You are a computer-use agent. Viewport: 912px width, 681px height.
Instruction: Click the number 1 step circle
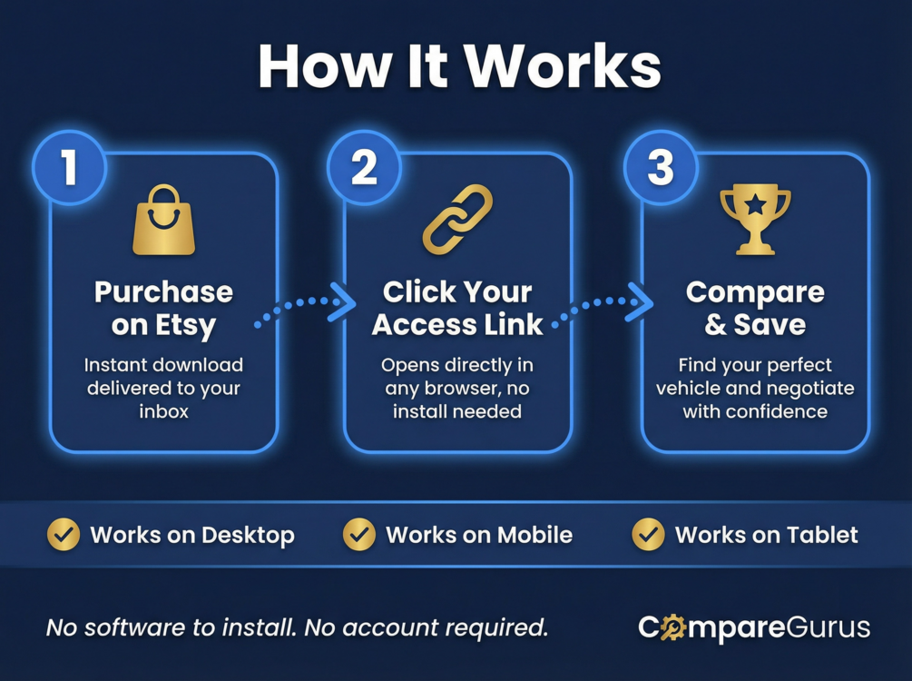coord(69,168)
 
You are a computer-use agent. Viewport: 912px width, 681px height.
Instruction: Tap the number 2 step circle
coord(364,168)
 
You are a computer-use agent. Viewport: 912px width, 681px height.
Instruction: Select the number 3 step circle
coord(661,168)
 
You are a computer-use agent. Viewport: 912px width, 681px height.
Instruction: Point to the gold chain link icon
coord(457,219)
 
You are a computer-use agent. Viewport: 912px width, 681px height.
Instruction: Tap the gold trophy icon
coord(755,219)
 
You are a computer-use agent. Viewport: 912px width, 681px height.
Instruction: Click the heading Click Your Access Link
coord(457,308)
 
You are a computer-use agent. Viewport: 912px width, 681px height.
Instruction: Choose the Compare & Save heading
coord(755,308)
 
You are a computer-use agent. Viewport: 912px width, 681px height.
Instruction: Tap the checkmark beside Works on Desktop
coord(64,535)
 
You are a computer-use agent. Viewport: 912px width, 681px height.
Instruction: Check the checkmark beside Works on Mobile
coord(359,535)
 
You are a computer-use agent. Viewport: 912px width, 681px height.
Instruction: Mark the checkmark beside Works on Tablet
coord(648,535)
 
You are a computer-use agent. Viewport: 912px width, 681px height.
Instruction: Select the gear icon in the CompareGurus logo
coord(672,627)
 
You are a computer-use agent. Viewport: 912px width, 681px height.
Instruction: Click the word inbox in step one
coord(163,411)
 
